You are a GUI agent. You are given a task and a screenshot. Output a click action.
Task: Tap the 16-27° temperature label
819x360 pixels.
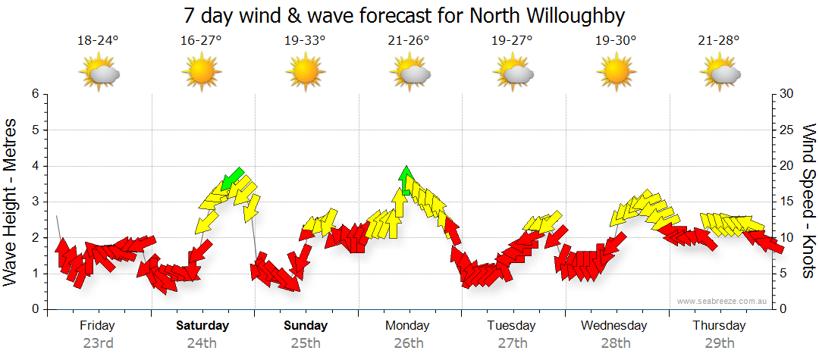(202, 41)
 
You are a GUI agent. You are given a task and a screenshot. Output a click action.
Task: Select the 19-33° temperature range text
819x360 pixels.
(306, 41)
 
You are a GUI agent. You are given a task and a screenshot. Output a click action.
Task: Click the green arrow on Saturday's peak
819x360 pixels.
(234, 177)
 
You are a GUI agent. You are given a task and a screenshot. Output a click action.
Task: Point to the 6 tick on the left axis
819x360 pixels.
(34, 94)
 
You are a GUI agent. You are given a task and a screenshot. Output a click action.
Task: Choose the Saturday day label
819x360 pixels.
(202, 326)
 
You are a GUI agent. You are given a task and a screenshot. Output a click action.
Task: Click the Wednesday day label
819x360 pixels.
(614, 326)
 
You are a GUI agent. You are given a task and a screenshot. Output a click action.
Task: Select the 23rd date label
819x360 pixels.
(99, 343)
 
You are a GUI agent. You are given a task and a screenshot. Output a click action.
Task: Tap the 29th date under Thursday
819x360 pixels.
(719, 343)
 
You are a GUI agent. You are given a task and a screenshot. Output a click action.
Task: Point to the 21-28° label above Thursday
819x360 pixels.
(719, 41)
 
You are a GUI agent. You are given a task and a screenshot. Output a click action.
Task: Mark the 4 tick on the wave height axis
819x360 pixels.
(34, 166)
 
